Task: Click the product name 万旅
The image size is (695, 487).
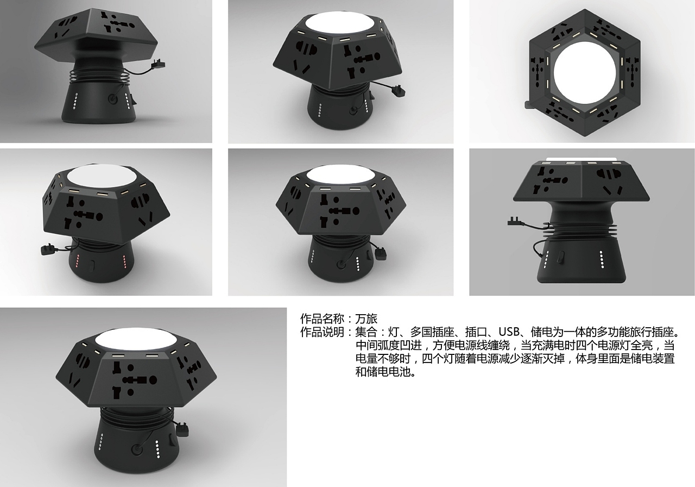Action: [367, 319]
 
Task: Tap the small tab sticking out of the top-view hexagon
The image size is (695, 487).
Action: [528, 103]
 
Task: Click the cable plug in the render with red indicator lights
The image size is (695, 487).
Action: [47, 251]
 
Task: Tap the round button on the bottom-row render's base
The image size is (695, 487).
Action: [136, 449]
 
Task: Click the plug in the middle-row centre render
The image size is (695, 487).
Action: [381, 253]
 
